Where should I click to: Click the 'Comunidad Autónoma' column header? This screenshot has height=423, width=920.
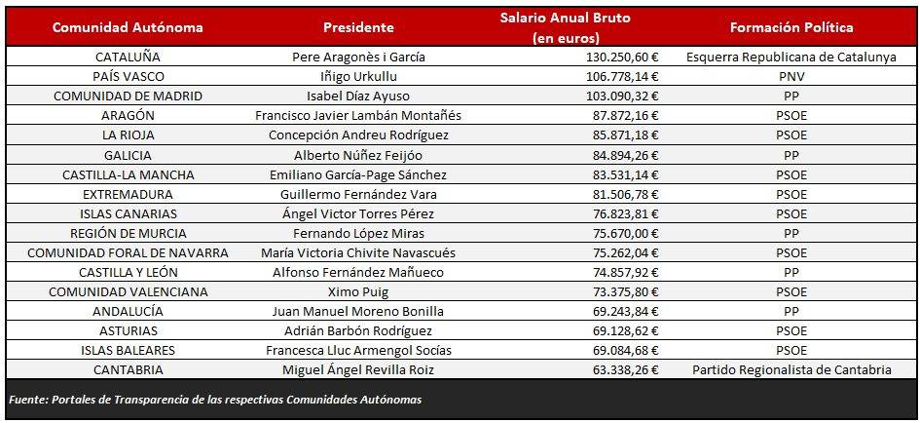pos(128,27)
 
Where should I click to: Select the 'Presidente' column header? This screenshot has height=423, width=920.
pos(358,27)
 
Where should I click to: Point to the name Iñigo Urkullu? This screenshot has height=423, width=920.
pos(358,76)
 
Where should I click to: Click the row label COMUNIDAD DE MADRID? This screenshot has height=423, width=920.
pos(128,96)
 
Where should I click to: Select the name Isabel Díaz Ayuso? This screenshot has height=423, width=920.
pos(358,96)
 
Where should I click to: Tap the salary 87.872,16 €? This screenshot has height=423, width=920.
pos(626,115)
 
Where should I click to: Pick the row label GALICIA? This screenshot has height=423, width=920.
pos(128,155)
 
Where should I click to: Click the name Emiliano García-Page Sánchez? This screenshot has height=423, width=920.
pos(358,174)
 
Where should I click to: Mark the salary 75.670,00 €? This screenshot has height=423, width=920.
pos(626,233)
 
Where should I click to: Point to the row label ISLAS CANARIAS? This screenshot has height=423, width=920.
pos(128,213)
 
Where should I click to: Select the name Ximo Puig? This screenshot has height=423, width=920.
pos(358,291)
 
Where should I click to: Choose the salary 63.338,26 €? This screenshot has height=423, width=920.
pos(626,369)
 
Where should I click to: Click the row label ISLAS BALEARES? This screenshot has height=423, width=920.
pos(128,350)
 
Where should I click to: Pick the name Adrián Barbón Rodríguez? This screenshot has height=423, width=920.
pos(358,330)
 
